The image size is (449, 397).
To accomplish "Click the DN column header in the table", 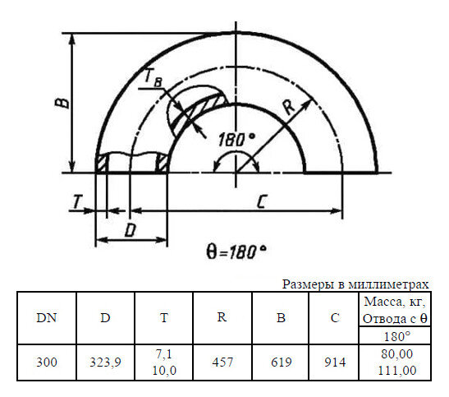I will click(x=47, y=319).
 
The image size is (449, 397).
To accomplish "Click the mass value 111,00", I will click(x=393, y=371).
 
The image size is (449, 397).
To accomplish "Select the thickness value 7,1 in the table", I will click(x=164, y=353).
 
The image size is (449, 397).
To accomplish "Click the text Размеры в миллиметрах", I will click(x=355, y=284).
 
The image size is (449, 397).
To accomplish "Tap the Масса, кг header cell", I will click(x=393, y=310).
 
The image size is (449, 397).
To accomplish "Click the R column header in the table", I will click(x=222, y=319).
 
